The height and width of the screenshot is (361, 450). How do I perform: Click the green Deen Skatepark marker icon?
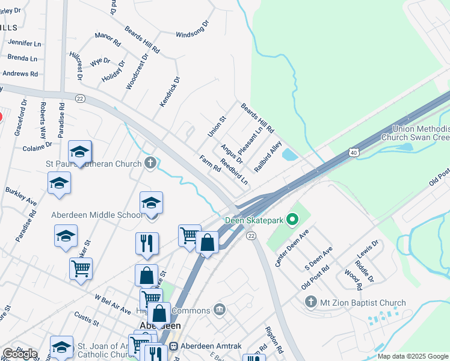293,220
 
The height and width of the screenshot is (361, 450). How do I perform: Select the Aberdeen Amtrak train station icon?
174,347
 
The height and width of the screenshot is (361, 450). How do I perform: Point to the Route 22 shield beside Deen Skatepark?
251,236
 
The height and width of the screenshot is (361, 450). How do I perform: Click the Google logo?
19,354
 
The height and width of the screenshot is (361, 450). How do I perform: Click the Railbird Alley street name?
268,157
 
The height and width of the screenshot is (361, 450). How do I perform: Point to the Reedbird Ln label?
234,171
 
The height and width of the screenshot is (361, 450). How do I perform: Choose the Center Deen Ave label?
291,247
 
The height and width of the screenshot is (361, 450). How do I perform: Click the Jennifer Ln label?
25,43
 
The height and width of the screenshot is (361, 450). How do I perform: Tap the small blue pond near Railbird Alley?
289,155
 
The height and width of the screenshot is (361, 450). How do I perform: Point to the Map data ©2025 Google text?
413,356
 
